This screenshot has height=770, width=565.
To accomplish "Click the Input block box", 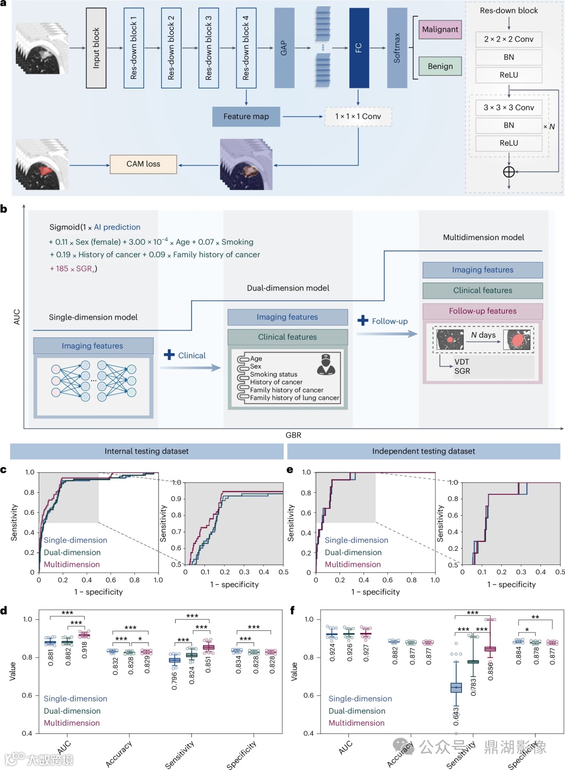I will coord(96,48).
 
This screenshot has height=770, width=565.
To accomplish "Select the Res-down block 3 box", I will coord(209,48).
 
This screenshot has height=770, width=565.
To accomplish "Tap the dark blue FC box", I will coord(359,48).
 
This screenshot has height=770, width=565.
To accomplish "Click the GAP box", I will coord(284,48).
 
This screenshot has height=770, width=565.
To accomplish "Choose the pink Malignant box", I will coord(440,29).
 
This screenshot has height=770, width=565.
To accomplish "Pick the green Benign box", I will coord(440,66).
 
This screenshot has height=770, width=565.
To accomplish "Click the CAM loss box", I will coord(143,164).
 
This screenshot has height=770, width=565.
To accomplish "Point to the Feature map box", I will coord(246,117).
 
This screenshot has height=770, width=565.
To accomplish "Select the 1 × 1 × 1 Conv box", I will coord(358,117).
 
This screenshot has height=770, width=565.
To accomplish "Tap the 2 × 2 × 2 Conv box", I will coord(508,39).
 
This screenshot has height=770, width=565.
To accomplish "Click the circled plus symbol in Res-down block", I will coord(508,172).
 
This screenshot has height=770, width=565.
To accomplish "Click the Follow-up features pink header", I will coord(482,311).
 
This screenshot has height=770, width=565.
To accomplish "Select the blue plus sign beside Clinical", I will coord(169,355).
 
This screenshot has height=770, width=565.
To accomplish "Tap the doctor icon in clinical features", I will coord(326,364).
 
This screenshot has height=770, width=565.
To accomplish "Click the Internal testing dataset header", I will coord(146,451).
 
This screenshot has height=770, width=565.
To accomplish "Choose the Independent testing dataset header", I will coord(423,451).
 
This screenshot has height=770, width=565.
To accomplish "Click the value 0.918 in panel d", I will coord(85,650).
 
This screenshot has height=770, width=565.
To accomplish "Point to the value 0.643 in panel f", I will coord(456,716).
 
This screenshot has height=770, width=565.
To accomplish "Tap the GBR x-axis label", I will coord(293,435).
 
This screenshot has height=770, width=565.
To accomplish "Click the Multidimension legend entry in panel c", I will coord(72,564).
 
